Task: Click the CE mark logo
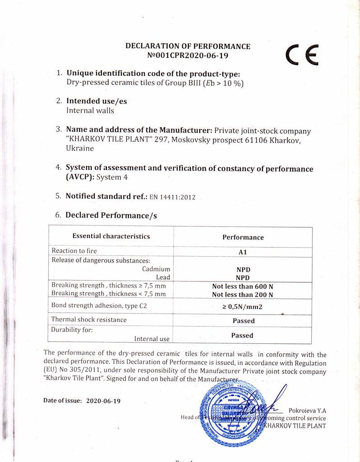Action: pyautogui.click(x=302, y=55)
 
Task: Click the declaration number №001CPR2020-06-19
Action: pyautogui.click(x=188, y=56)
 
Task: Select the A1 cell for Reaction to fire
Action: pyautogui.click(x=242, y=253)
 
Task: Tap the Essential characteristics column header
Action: pyautogui.click(x=111, y=236)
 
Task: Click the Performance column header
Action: pyautogui.click(x=243, y=237)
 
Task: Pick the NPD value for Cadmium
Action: pyautogui.click(x=243, y=269)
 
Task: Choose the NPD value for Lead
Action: pyautogui.click(x=243, y=278)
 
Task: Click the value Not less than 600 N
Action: pyautogui.click(x=243, y=286)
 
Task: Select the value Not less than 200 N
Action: pyautogui.click(x=243, y=295)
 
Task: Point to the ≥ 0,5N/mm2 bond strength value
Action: pyautogui.click(x=243, y=307)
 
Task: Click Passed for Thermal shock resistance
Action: pyautogui.click(x=243, y=321)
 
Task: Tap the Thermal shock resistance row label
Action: pyautogui.click(x=89, y=319)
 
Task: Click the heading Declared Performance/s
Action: pyautogui.click(x=111, y=215)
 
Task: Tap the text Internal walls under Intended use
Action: pyautogui.click(x=90, y=110)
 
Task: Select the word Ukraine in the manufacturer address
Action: pyautogui.click(x=80, y=148)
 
